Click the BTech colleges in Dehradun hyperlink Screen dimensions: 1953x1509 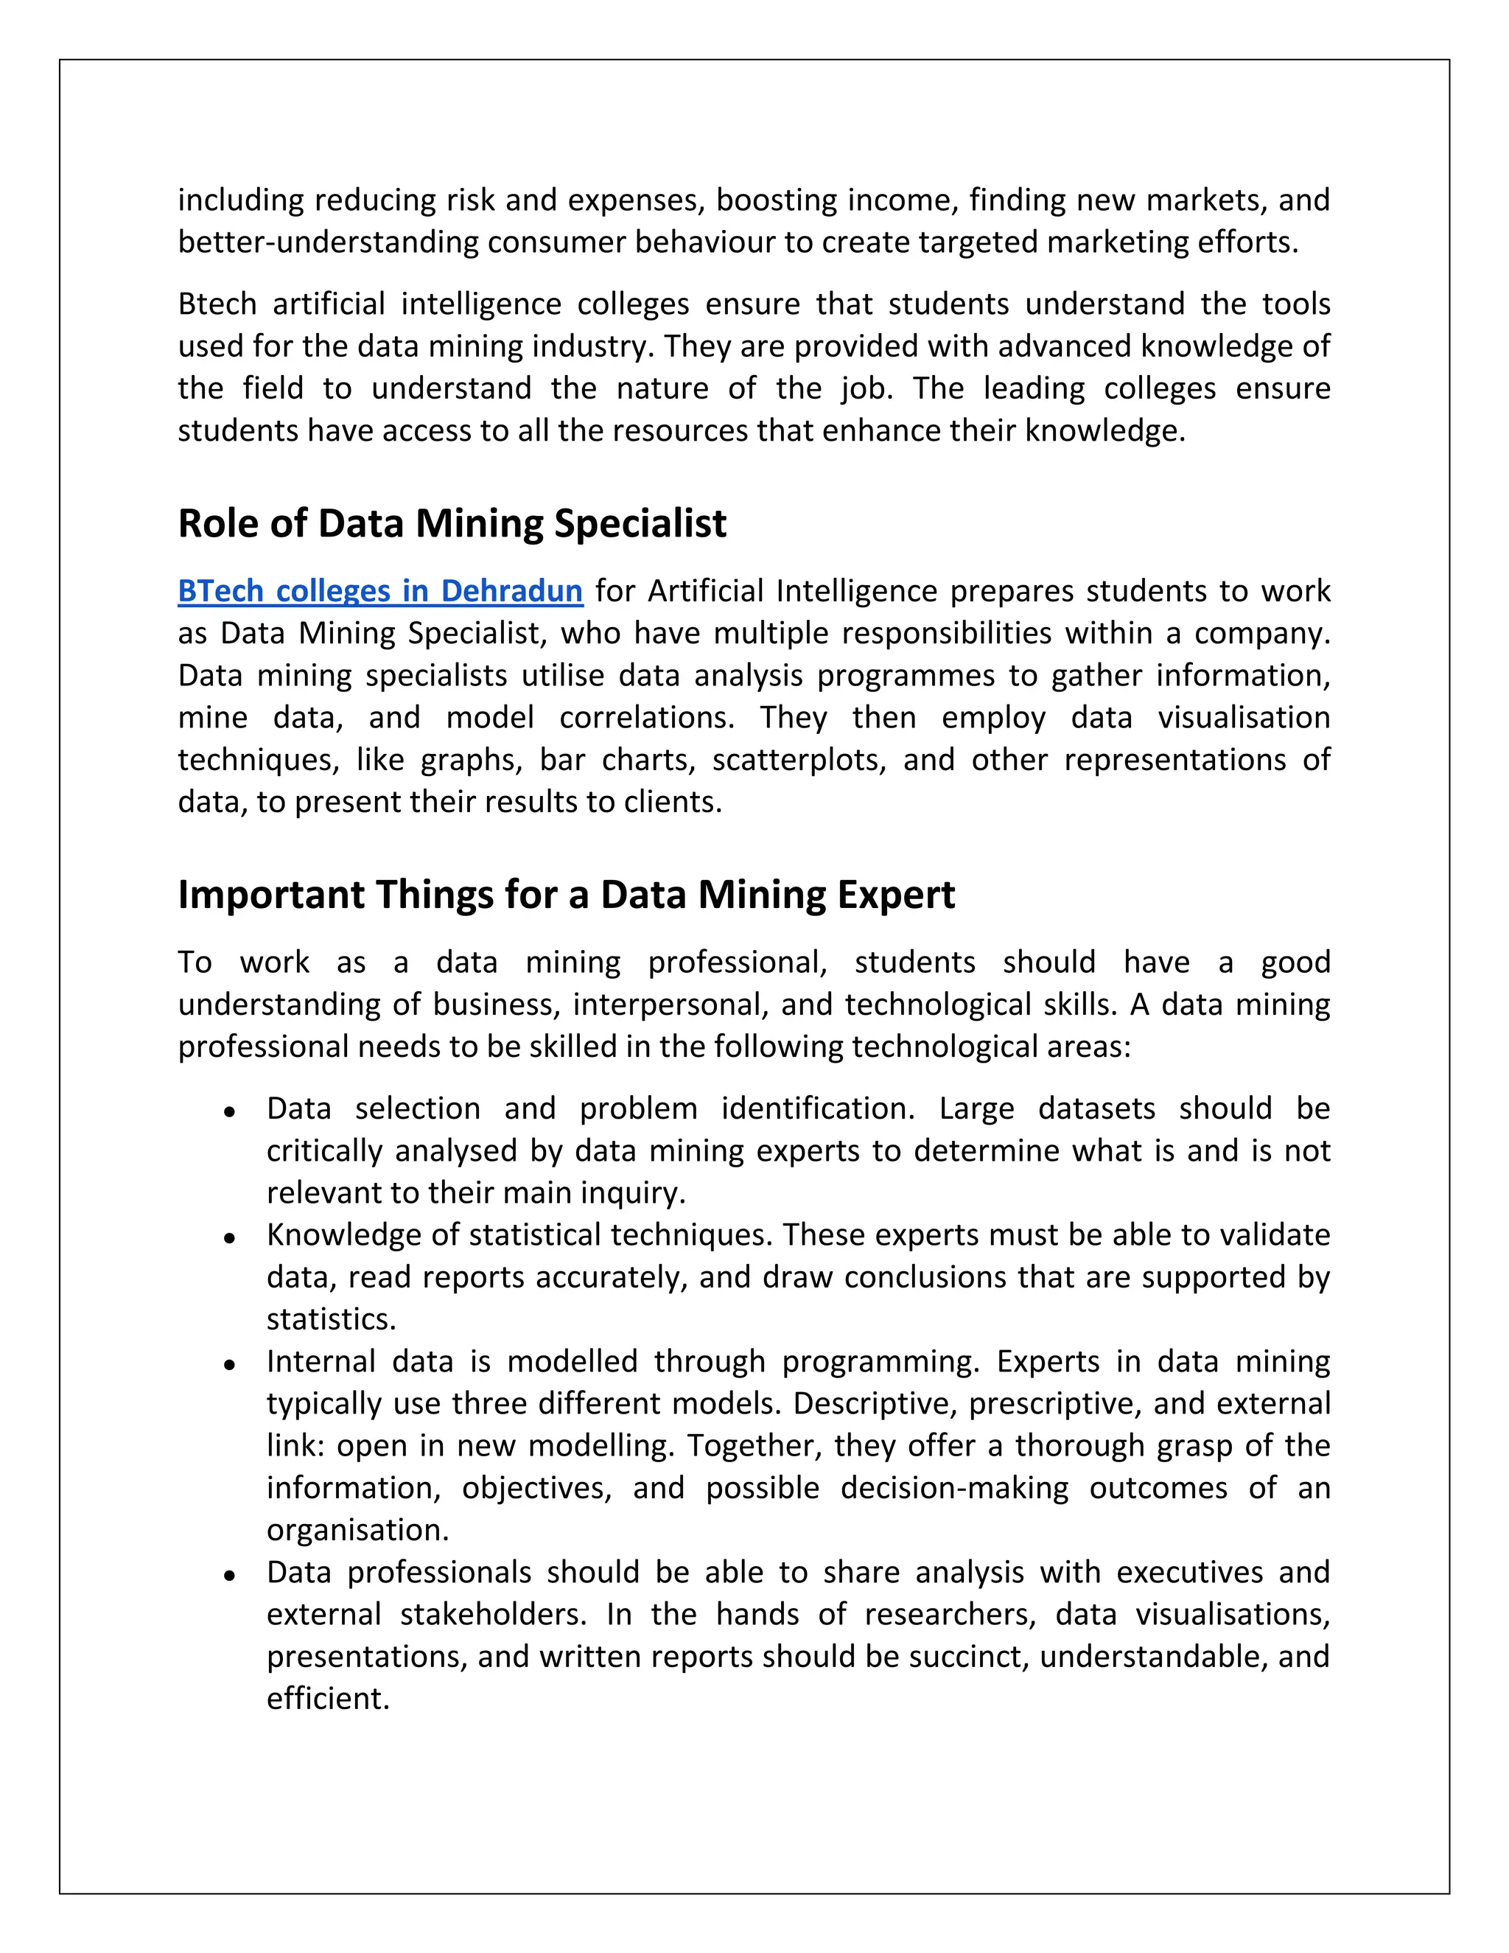click(x=380, y=591)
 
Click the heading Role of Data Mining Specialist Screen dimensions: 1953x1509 click(x=452, y=523)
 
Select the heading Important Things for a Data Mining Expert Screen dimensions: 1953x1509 click(x=566, y=894)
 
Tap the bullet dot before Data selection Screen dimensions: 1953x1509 click(x=230, y=1111)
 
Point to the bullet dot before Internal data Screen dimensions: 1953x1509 click(x=230, y=1365)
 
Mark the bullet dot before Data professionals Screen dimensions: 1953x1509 click(x=230, y=1576)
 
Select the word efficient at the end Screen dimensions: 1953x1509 click(x=327, y=1698)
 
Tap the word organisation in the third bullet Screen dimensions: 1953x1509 click(x=357, y=1530)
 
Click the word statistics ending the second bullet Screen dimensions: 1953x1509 click(x=330, y=1319)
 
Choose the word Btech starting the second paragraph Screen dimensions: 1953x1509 click(x=217, y=304)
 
